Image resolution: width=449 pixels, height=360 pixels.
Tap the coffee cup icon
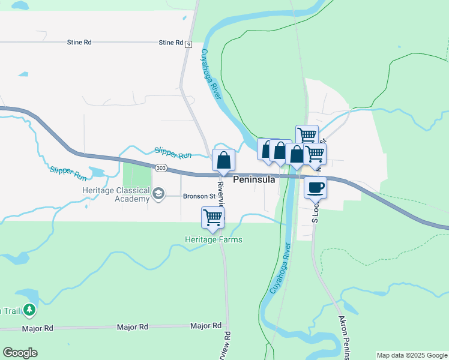click(315, 187)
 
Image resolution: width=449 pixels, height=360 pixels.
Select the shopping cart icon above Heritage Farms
click(212, 217)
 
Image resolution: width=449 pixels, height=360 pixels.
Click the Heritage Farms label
click(214, 240)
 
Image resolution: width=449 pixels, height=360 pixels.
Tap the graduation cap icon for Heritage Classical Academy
click(158, 193)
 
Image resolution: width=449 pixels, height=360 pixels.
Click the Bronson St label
click(199, 196)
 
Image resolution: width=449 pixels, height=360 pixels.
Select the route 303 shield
click(160, 169)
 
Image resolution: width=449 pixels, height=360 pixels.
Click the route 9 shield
click(188, 44)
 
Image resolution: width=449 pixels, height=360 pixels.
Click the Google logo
click(20, 353)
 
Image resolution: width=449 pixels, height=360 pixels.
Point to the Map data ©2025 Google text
click(412, 355)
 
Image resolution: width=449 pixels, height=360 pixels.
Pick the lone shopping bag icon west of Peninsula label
click(223, 160)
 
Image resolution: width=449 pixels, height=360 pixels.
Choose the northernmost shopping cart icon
click(307, 134)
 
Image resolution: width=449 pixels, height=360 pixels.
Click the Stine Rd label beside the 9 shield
click(170, 43)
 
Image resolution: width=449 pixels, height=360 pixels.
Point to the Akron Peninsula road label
click(347, 336)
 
